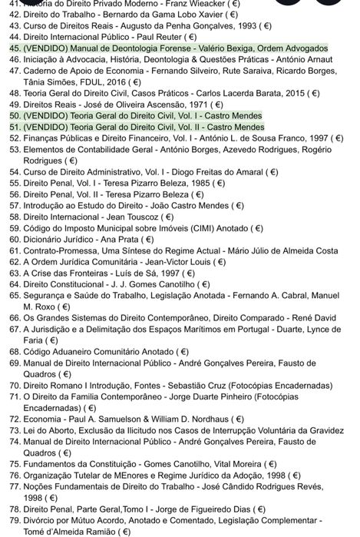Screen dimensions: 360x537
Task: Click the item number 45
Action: [12, 48]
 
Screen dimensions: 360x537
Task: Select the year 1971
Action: [187, 104]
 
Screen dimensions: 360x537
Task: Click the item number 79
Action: [12, 520]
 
